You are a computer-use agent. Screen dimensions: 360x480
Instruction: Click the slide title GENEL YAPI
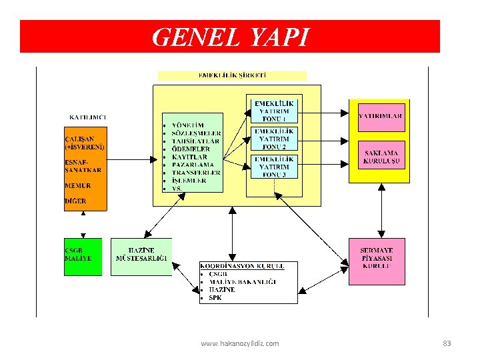tap(230, 37)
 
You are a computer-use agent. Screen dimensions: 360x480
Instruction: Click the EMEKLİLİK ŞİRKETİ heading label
tap(232, 75)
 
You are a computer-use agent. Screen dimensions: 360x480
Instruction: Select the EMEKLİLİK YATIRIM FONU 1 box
tap(273, 110)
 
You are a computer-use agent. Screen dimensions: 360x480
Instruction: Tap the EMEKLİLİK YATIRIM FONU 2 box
tap(273, 139)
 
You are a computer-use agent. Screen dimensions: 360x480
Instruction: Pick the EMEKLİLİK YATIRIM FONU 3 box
tap(273, 167)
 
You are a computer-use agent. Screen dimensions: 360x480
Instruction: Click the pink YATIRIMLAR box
tap(380, 117)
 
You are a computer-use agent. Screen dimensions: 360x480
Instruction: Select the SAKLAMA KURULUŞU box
tap(381, 157)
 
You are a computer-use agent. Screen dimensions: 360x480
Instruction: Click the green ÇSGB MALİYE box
tap(83, 256)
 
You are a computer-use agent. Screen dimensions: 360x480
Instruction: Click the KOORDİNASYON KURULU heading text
tap(242, 265)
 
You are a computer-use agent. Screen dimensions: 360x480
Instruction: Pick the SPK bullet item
tap(215, 298)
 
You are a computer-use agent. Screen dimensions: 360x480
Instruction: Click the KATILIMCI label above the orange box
tap(88, 117)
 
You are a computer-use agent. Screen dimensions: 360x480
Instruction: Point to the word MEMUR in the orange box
tap(78, 186)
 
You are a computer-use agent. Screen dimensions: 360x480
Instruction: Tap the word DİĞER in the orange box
tap(75, 201)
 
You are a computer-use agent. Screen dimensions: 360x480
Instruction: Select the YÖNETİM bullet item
tap(189, 125)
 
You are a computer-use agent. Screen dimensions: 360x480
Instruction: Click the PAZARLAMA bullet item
tap(193, 164)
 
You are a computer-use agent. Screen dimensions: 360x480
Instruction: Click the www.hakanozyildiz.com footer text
tap(240, 343)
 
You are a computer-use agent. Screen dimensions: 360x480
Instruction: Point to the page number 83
tap(447, 343)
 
